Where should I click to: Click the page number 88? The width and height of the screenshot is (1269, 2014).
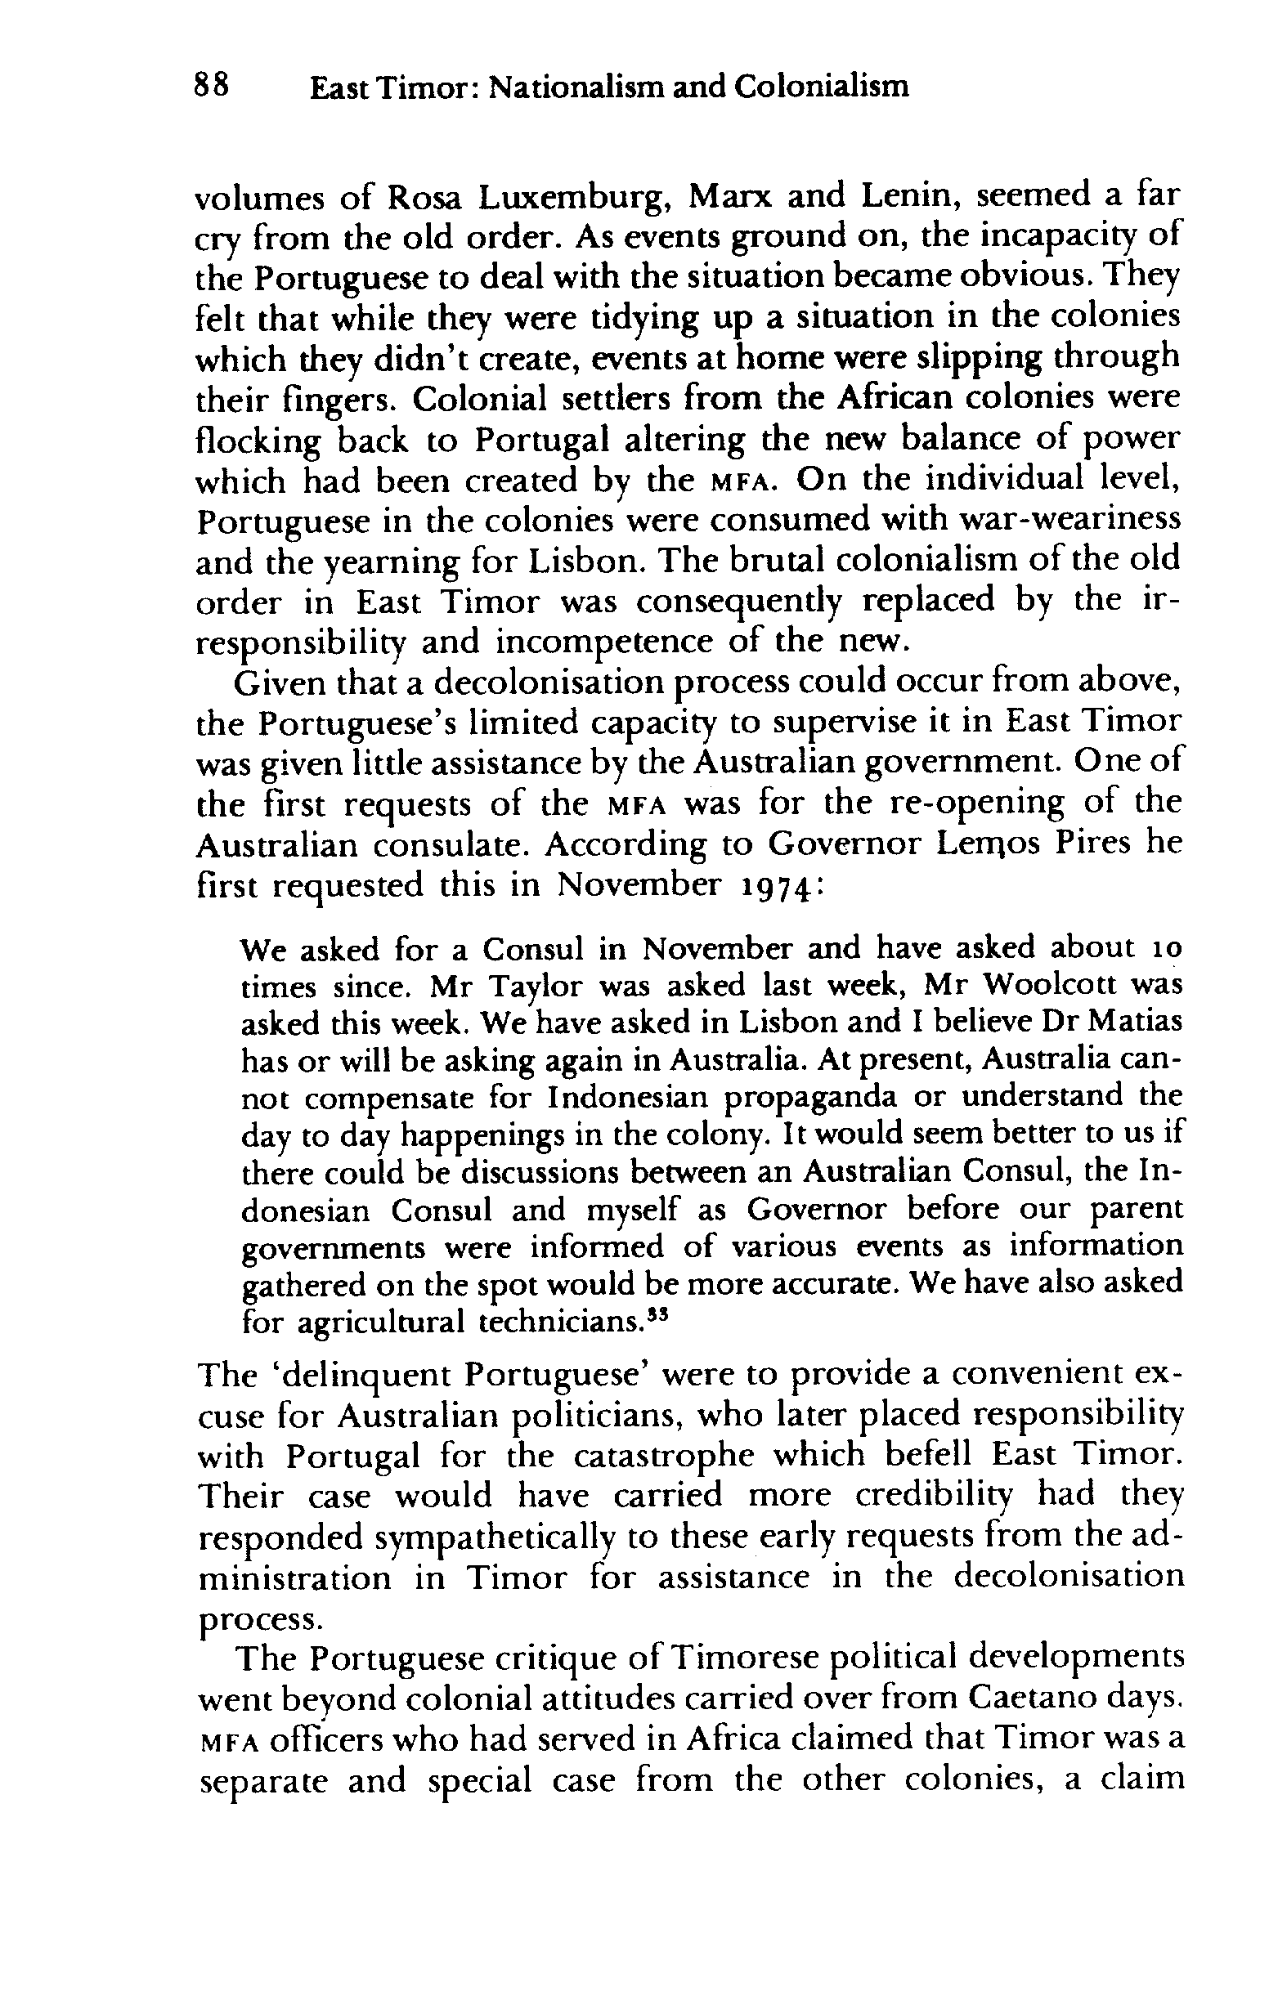click(x=212, y=85)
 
